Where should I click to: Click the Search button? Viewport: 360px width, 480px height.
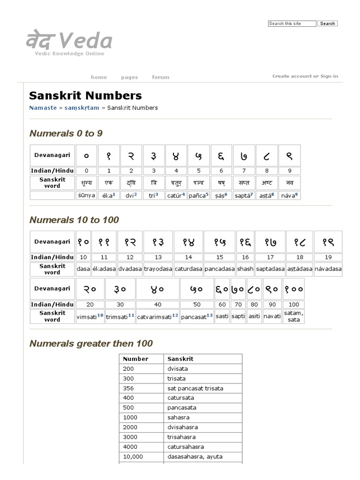pos(327,23)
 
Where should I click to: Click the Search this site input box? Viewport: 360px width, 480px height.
pos(292,23)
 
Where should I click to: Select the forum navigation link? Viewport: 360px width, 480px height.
pos(160,77)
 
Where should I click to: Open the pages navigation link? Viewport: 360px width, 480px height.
pos(129,77)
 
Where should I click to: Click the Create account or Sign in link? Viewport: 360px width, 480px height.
pos(305,76)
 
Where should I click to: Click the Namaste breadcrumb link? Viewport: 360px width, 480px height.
pos(43,108)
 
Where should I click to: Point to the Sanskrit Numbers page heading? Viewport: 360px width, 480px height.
pos(85,96)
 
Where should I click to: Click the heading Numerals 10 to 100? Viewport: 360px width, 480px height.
pos(74,220)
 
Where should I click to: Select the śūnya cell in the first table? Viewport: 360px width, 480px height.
pos(86,195)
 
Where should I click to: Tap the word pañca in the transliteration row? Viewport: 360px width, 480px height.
pos(197,195)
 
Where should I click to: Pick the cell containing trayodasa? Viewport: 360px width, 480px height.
pos(158,269)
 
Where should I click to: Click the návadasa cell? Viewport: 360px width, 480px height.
pos(328,269)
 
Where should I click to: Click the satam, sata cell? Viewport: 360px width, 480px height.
pos(294,316)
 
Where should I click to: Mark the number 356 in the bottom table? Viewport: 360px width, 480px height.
pos(128,388)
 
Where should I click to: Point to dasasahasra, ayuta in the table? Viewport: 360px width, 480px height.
pos(195,457)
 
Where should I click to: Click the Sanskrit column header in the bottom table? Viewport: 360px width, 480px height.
pos(180,359)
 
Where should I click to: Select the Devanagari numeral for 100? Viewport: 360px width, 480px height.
pos(294,290)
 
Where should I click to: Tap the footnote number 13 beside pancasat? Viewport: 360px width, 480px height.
pos(210,315)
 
